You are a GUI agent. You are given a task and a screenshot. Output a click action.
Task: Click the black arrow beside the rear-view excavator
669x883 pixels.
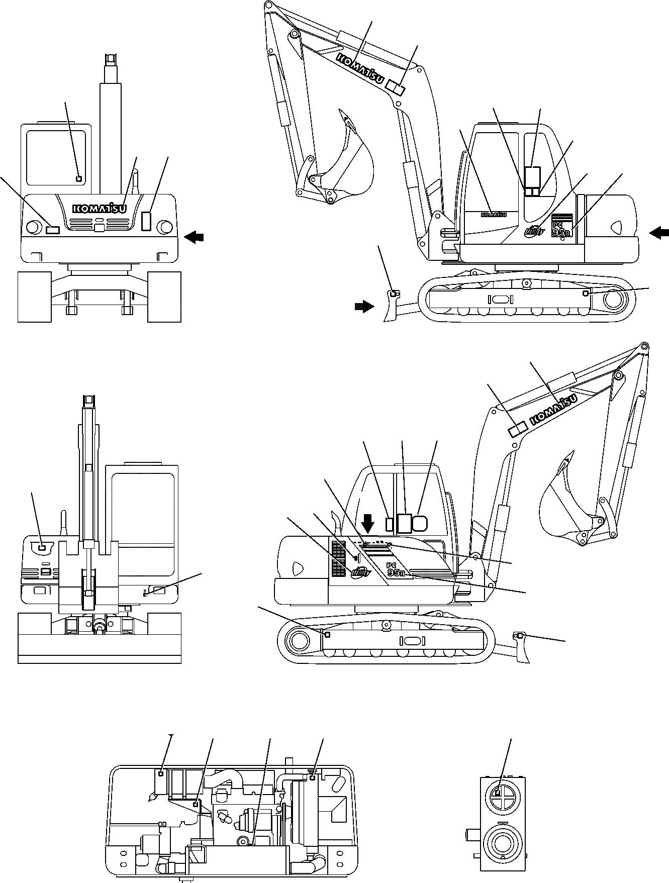click(x=195, y=237)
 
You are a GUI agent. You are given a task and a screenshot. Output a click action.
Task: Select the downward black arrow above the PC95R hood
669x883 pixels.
click(x=368, y=524)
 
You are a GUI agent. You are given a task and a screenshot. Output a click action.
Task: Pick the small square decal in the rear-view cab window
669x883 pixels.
click(x=78, y=178)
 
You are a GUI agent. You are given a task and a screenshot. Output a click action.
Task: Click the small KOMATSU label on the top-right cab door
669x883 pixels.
click(x=493, y=215)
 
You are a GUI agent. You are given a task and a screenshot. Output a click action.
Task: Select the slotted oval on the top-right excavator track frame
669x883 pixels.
click(x=500, y=299)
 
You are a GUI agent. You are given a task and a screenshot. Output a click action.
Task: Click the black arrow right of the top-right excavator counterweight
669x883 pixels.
click(x=659, y=232)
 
